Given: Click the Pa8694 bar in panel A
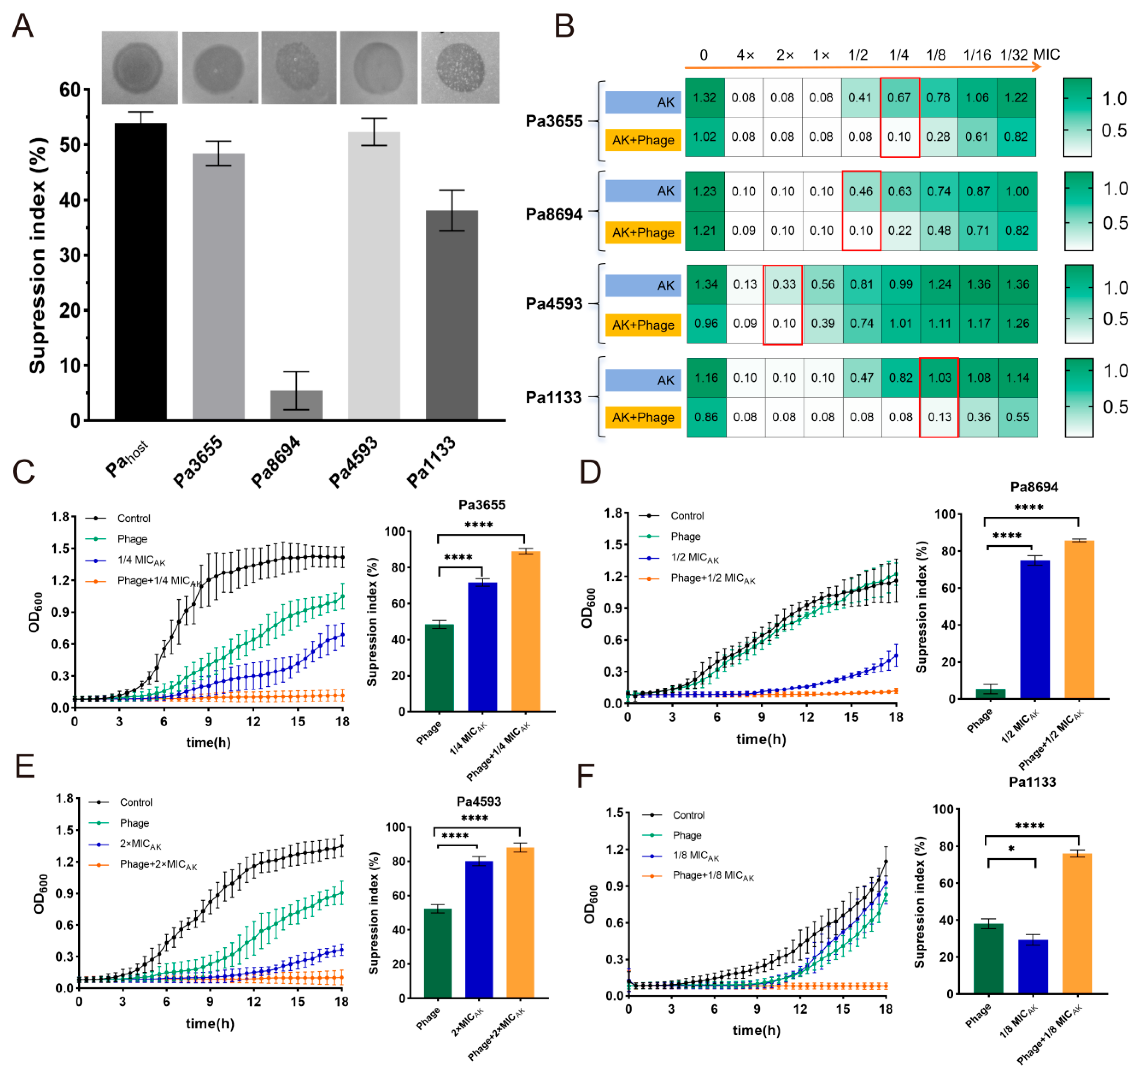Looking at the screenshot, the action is (x=296, y=405).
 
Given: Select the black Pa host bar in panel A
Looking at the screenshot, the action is (x=141, y=271).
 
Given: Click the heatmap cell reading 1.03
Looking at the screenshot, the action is (x=939, y=378).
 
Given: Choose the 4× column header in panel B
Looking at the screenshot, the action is (x=745, y=55).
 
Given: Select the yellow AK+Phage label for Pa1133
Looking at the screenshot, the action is (x=643, y=417).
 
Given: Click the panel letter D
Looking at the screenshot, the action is (x=590, y=472).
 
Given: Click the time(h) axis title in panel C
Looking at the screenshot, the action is (x=209, y=743).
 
